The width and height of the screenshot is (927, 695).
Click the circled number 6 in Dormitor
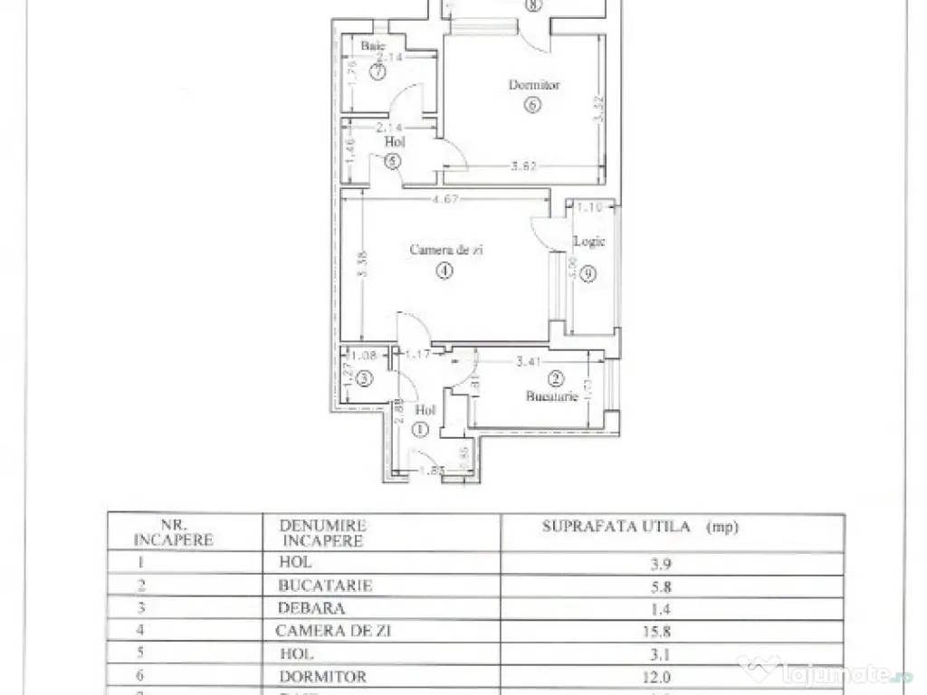531,105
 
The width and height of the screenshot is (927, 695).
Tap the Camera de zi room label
445,250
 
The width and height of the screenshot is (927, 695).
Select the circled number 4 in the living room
444,271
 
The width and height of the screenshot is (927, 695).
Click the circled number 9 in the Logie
588,276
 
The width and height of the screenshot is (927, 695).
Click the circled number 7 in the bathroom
373,73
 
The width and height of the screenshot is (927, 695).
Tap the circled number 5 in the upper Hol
392,162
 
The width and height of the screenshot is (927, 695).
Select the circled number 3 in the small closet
363,379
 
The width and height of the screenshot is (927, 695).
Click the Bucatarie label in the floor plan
553,396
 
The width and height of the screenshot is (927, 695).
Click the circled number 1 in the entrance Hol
418,431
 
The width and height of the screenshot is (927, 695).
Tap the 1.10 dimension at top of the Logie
589,207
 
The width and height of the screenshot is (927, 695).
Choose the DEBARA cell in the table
312,608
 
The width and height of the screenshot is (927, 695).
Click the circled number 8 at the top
532,5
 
